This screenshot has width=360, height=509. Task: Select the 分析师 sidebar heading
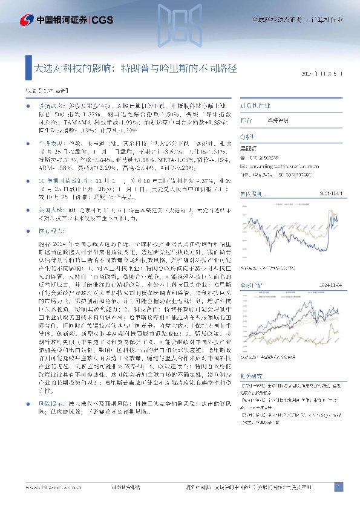coord(248,137)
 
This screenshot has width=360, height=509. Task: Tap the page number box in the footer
coord(339,487)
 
